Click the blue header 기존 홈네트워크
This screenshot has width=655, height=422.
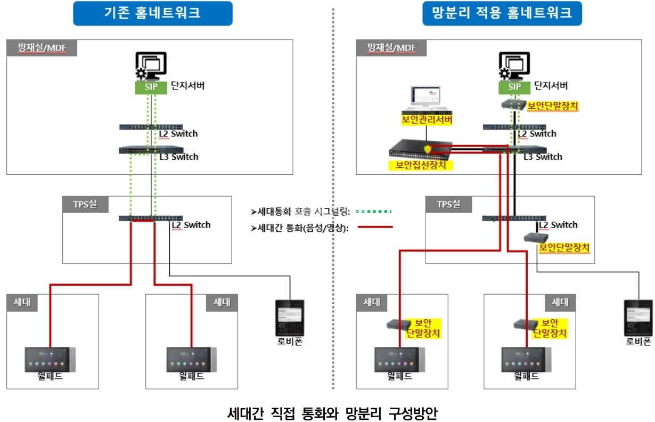point(152,13)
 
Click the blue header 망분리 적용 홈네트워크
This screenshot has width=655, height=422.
point(502,13)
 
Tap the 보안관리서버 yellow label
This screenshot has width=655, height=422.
point(427,120)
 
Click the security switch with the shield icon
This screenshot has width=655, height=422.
point(421,149)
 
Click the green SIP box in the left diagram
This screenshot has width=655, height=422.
point(151,87)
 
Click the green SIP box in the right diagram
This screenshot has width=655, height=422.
point(514,87)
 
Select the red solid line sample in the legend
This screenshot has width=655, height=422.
point(374,228)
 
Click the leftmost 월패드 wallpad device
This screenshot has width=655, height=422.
point(51,360)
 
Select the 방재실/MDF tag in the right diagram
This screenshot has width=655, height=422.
point(391,47)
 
